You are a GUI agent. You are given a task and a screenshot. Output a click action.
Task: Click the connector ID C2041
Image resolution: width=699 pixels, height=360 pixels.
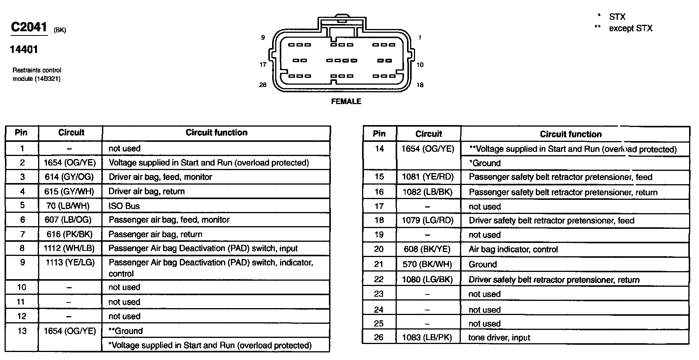coord(29,27)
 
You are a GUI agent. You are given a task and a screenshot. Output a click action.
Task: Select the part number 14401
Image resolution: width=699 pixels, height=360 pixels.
coord(24,49)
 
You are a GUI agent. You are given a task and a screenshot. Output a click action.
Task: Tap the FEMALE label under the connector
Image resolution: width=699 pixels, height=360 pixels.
coord(346,101)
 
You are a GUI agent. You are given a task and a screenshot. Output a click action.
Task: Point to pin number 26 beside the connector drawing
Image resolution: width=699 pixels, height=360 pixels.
coord(263,85)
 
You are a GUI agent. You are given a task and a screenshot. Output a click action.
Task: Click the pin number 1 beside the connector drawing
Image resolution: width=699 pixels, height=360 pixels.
coord(420,37)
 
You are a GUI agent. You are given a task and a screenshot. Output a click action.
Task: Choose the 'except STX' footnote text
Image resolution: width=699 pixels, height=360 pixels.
coord(630,28)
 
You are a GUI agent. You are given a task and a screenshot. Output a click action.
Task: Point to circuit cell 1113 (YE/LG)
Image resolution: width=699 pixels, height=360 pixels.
coord(70,262)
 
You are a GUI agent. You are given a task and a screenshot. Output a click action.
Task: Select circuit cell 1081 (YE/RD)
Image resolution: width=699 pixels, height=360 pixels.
coord(428,177)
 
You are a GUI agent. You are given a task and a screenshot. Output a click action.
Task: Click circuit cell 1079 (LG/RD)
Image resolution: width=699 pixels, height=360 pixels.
coord(428,220)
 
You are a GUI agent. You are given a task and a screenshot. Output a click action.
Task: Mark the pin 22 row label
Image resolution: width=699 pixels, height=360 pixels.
coord(378,279)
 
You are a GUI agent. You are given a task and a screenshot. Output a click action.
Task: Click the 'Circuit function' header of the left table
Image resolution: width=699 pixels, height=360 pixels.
coord(216,133)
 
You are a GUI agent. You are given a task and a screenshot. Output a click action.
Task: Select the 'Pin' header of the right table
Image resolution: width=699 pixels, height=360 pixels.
coord(379,134)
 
